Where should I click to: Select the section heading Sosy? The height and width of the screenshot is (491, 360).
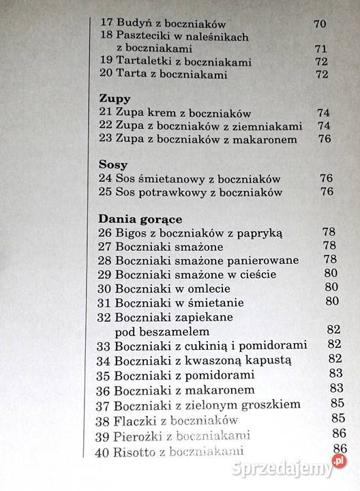point(112,165)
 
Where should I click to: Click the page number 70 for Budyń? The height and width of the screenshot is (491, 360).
point(320,24)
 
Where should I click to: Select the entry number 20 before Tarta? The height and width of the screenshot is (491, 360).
point(106,74)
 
